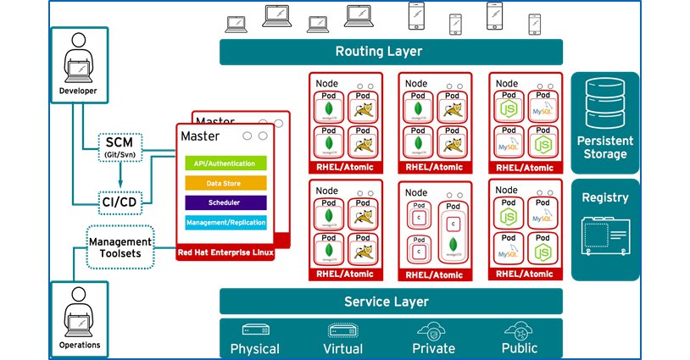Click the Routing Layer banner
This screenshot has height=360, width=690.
pyautogui.click(x=390, y=52)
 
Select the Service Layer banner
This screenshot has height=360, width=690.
pyautogui.click(x=390, y=302)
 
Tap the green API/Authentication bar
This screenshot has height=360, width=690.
pyautogui.click(x=225, y=163)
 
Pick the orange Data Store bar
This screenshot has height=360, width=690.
pyautogui.click(x=225, y=182)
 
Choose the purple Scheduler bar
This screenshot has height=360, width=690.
pyautogui.click(x=225, y=203)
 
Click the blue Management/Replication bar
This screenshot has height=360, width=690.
pyautogui.click(x=225, y=223)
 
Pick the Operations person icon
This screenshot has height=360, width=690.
pyautogui.click(x=80, y=311)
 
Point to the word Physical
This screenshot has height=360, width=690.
pyautogui.click(x=254, y=348)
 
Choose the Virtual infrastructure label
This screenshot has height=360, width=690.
pyautogui.click(x=342, y=348)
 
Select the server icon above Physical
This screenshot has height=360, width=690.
pyautogui.click(x=255, y=330)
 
